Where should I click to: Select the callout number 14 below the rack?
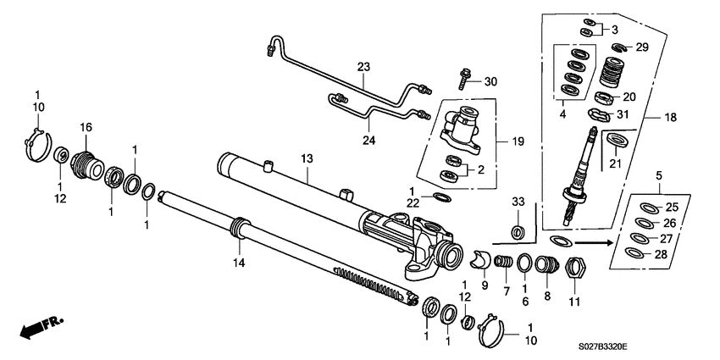(x=241, y=264)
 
